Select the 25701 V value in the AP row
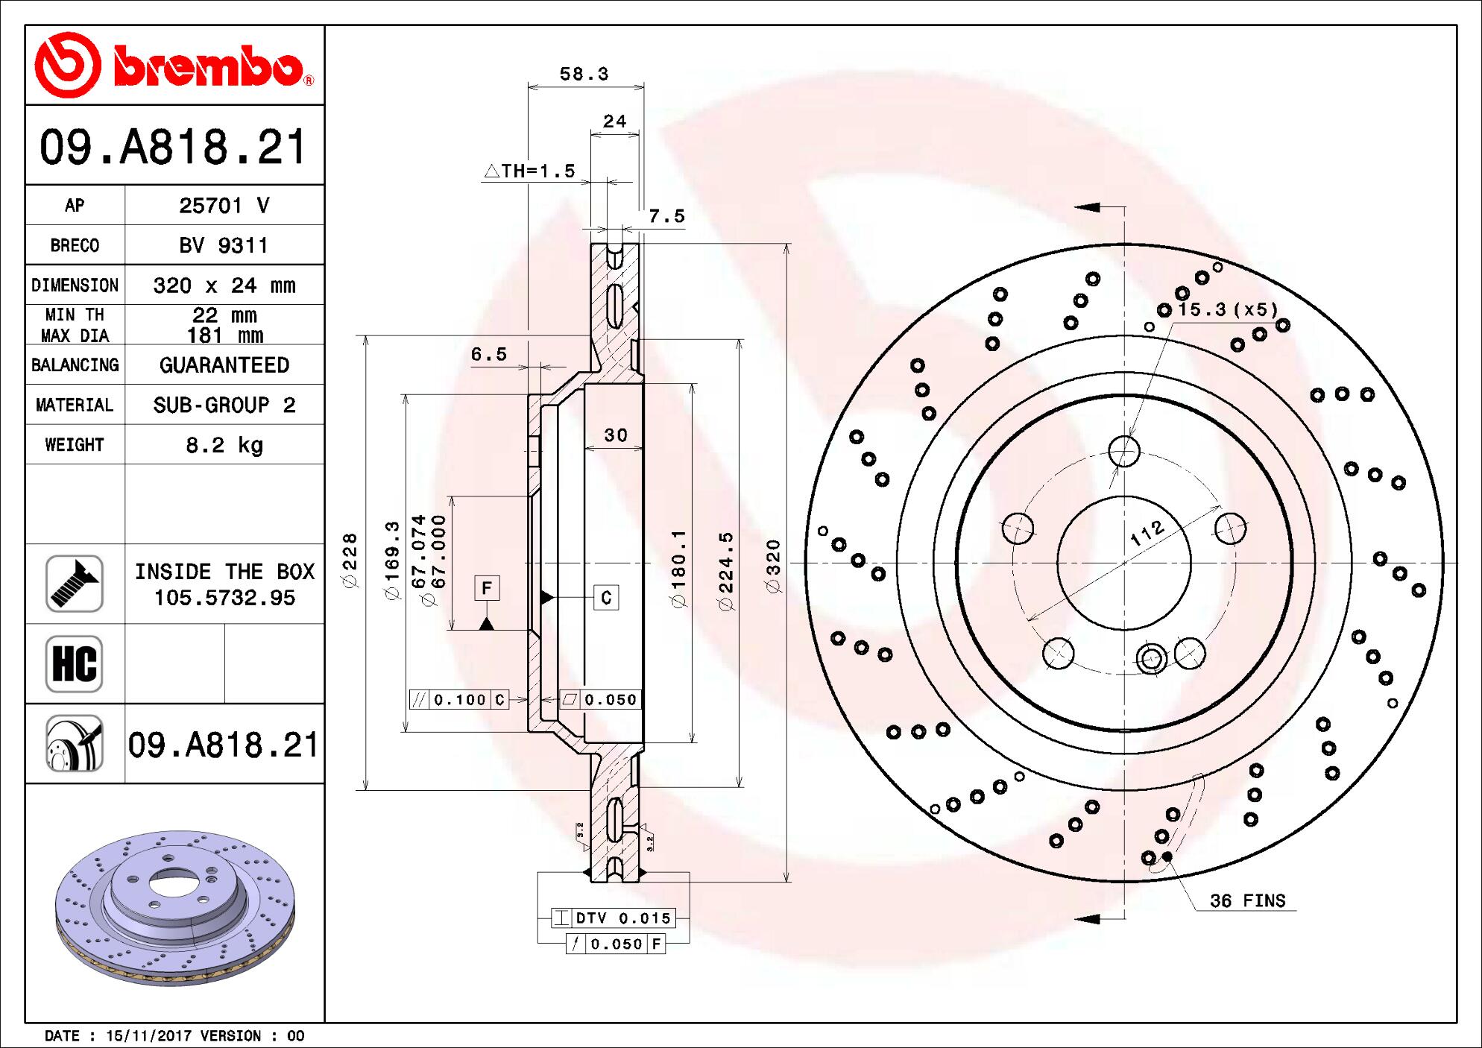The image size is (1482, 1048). click(x=224, y=206)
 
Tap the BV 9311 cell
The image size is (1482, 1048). click(x=224, y=245)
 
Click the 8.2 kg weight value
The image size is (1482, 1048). click(x=224, y=445)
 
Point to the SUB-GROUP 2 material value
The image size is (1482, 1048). click(x=224, y=405)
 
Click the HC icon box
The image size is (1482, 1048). click(x=75, y=663)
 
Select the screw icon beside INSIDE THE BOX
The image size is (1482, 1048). click(x=75, y=584)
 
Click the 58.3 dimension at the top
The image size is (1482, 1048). click(x=584, y=74)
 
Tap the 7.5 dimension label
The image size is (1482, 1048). click(x=666, y=216)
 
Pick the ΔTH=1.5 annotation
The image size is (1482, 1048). click(x=530, y=171)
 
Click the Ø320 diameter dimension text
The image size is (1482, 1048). click(x=773, y=566)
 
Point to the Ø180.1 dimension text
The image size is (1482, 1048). click(x=678, y=569)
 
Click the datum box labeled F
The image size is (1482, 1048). click(x=487, y=588)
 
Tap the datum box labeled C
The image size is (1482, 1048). click(x=606, y=597)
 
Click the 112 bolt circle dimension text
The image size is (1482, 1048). click(x=1147, y=533)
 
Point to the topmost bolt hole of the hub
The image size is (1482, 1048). click(x=1123, y=451)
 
